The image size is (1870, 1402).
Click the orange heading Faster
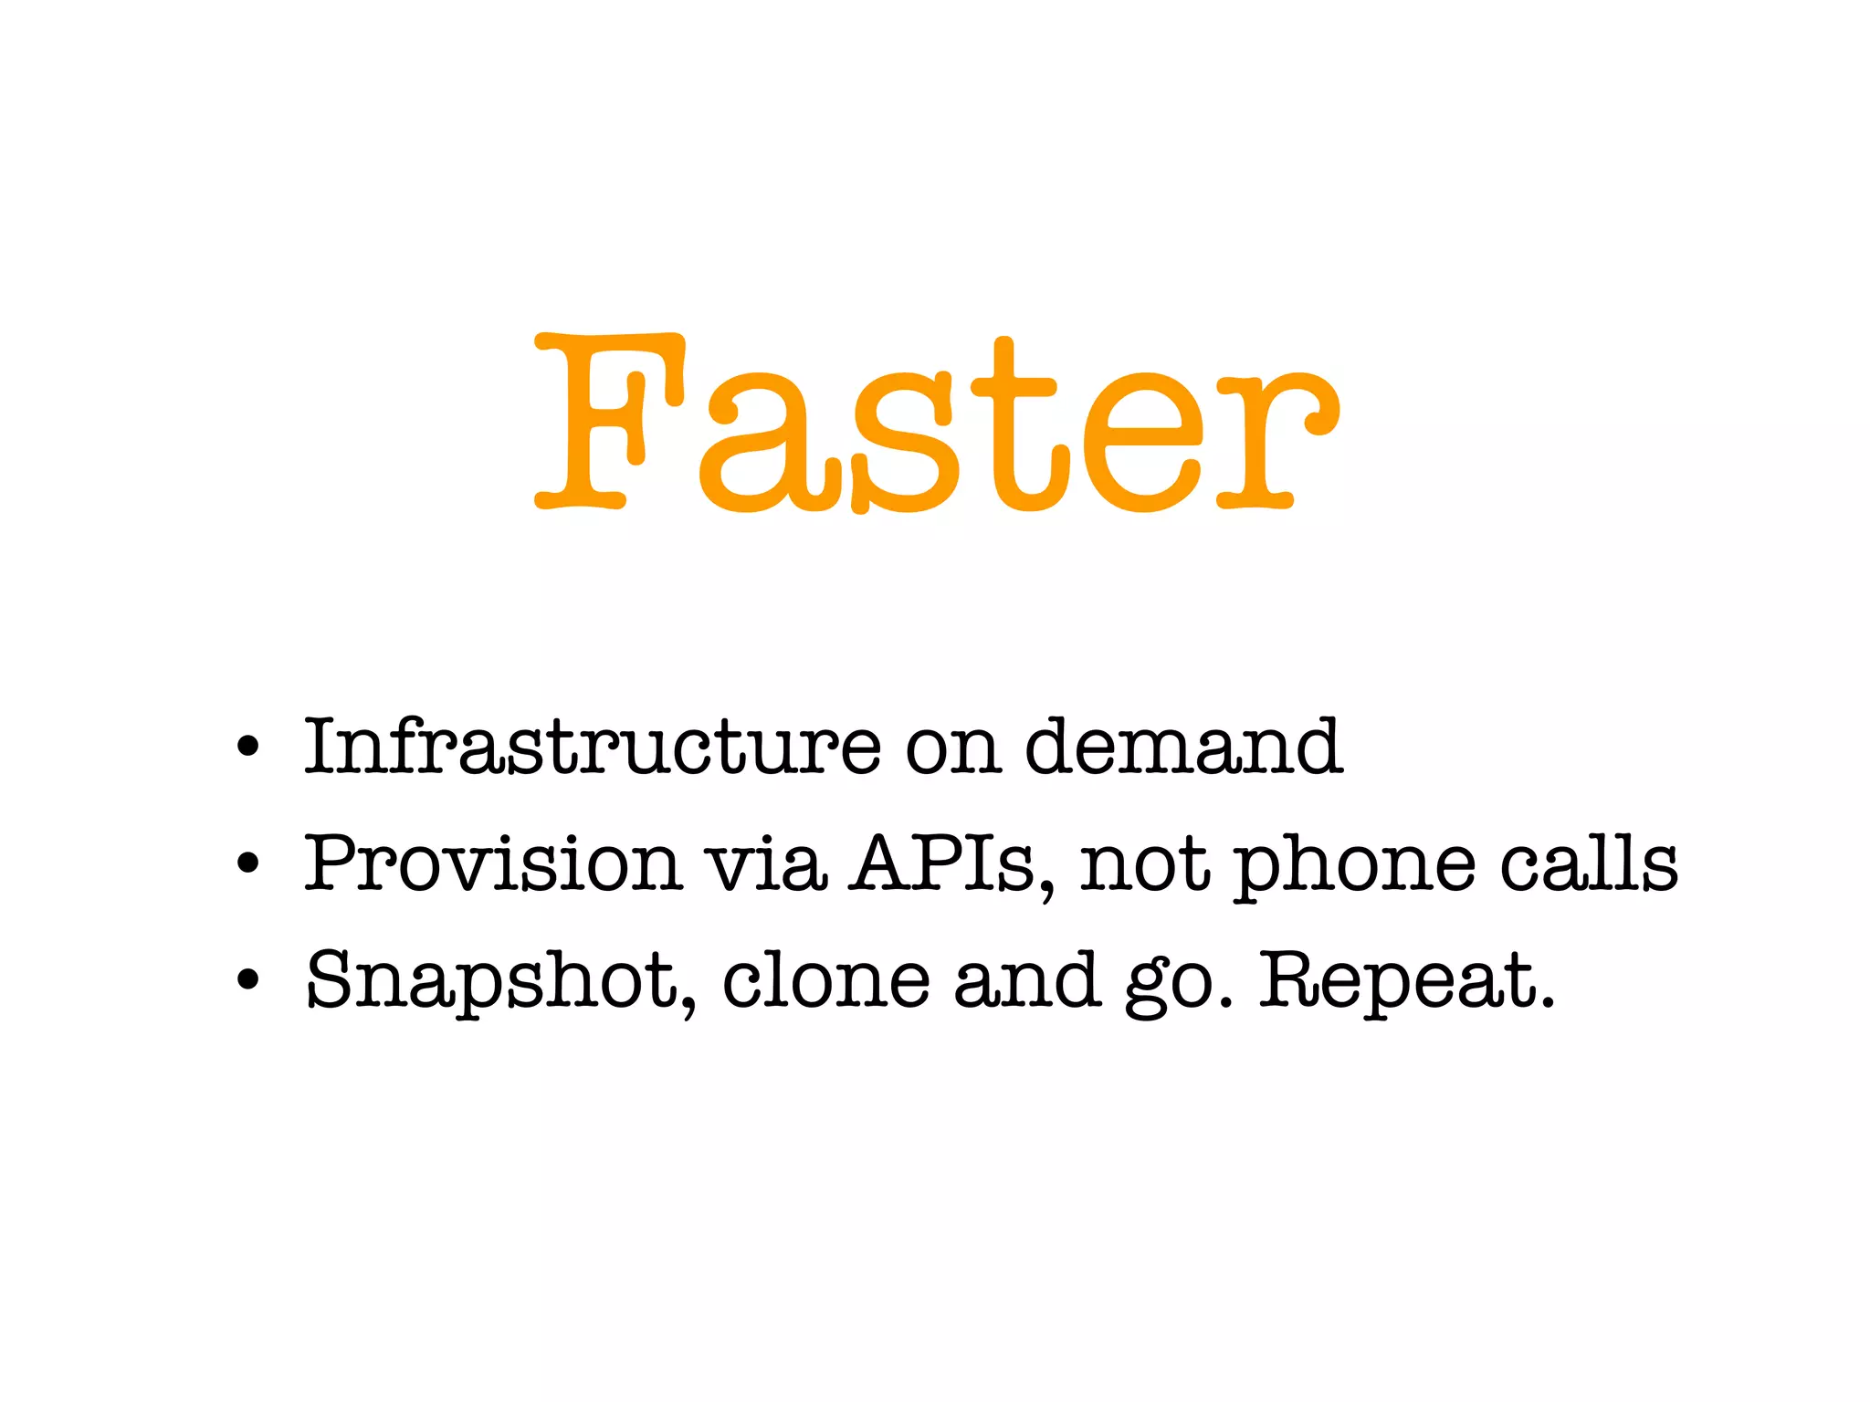click(937, 423)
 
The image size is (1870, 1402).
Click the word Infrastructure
click(593, 747)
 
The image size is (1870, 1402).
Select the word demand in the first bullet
click(1183, 747)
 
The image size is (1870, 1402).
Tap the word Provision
click(493, 863)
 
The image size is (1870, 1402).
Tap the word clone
click(826, 979)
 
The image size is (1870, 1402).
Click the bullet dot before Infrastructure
click(247, 748)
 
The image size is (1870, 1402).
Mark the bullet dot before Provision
click(247, 864)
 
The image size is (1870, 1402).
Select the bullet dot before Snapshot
click(247, 981)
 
